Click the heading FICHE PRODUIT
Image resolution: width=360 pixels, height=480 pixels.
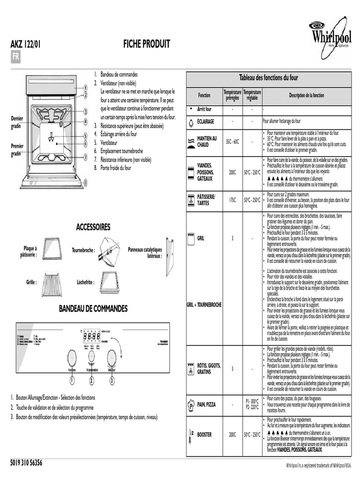coord(146,45)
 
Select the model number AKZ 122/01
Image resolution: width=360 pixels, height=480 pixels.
coord(25,45)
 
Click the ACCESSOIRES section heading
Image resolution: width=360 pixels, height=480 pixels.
coord(93,227)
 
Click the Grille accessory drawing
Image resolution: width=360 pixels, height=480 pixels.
coord(52,284)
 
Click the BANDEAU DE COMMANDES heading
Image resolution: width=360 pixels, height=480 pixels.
coord(93,309)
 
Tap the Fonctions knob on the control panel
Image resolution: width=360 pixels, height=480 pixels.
coord(71,357)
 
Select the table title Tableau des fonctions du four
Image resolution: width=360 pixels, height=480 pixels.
coord(269,78)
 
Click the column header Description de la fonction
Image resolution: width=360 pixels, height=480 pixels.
coord(306,95)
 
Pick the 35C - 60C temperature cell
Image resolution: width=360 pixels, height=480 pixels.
coord(232,141)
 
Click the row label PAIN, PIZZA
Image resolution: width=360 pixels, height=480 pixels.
coord(206,404)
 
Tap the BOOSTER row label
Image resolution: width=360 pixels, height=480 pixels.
coord(204,435)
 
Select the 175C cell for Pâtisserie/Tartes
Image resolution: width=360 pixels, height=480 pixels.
coord(232,200)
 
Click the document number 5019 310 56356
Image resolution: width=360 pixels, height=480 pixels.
coord(26,463)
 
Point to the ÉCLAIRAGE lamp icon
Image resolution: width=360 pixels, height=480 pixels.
coord(191,122)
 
